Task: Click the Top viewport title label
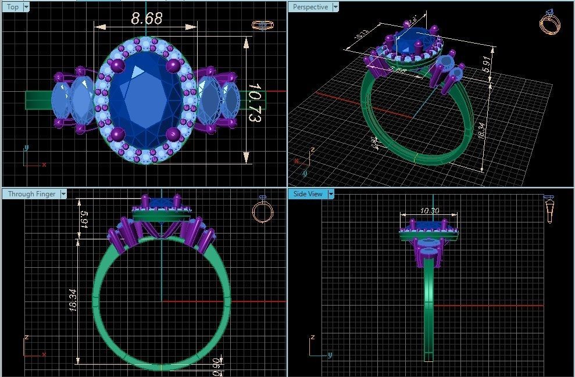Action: coord(12,7)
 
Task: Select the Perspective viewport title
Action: coord(310,7)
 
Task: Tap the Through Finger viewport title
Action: coord(32,194)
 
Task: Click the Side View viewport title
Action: coord(308,194)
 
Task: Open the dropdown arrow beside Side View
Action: coord(331,194)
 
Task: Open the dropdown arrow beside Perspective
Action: coord(334,7)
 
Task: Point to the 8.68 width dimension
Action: coord(147,18)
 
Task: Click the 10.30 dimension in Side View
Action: coord(428,211)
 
